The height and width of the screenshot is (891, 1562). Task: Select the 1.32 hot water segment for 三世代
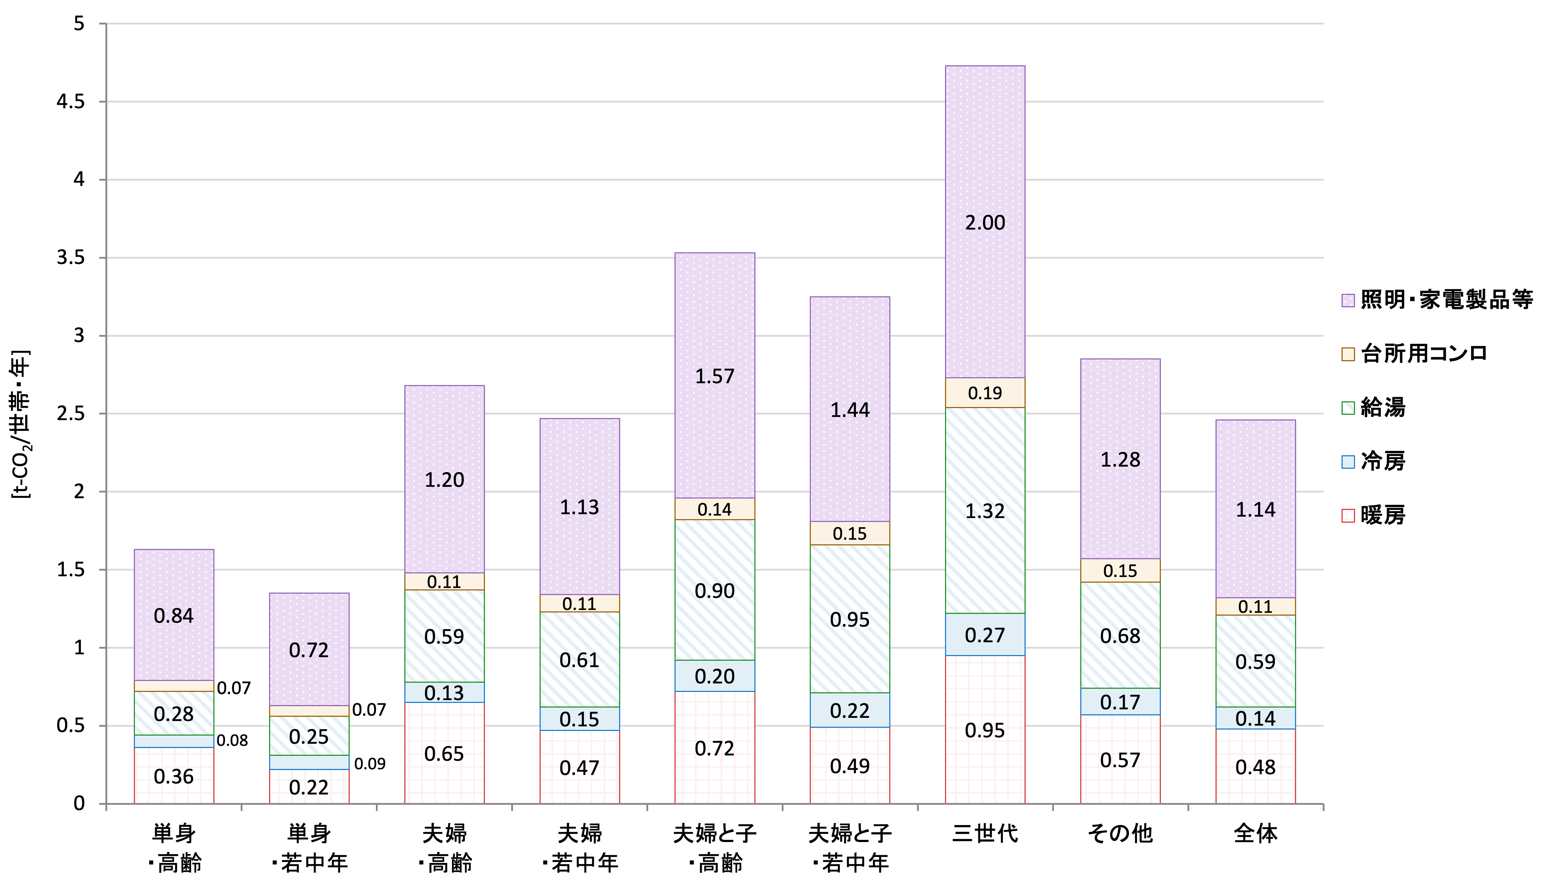tap(985, 510)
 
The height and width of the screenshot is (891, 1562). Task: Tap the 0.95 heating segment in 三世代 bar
tap(985, 730)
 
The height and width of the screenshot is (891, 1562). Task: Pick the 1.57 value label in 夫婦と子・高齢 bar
tap(714, 376)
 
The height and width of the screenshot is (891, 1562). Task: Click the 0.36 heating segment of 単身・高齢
tap(174, 776)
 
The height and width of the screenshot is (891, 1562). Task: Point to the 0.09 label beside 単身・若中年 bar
tap(370, 764)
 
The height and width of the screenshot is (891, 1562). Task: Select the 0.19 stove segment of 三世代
tap(985, 393)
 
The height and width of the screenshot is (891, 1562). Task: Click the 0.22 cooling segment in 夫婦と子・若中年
tap(850, 710)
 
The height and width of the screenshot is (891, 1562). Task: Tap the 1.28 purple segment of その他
tap(1120, 459)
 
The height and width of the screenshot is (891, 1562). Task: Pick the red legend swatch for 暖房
tap(1348, 515)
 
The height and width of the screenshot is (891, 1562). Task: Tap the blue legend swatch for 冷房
tap(1348, 461)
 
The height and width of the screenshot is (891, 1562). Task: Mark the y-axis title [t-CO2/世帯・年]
tap(21, 424)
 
